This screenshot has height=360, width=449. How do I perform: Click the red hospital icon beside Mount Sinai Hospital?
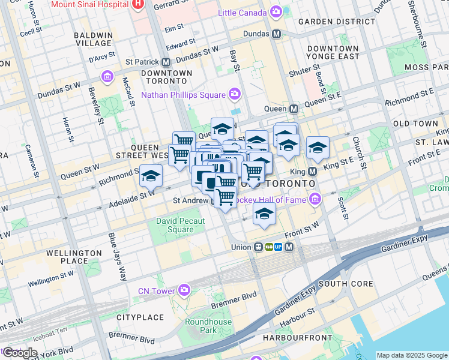point(139,4)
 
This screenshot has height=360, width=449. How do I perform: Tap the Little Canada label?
point(242,13)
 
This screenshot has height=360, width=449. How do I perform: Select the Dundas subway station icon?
point(276,34)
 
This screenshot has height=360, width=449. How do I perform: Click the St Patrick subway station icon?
point(166,62)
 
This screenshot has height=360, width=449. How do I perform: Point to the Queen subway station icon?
point(294,109)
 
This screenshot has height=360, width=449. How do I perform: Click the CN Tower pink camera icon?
point(184,291)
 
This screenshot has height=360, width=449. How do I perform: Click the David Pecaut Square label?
point(180,225)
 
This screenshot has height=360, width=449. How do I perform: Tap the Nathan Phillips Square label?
point(183,94)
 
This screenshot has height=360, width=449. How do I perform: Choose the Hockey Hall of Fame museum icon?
point(315,199)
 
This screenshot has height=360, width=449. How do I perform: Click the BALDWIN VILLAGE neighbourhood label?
point(93,39)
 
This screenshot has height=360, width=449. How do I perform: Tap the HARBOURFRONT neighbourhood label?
point(298,338)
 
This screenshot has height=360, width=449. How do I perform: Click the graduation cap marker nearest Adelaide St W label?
point(151,175)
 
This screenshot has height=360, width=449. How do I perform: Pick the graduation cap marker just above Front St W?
point(264,214)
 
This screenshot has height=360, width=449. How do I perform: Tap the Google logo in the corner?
point(20,353)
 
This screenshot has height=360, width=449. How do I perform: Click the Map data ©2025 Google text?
point(411,355)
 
